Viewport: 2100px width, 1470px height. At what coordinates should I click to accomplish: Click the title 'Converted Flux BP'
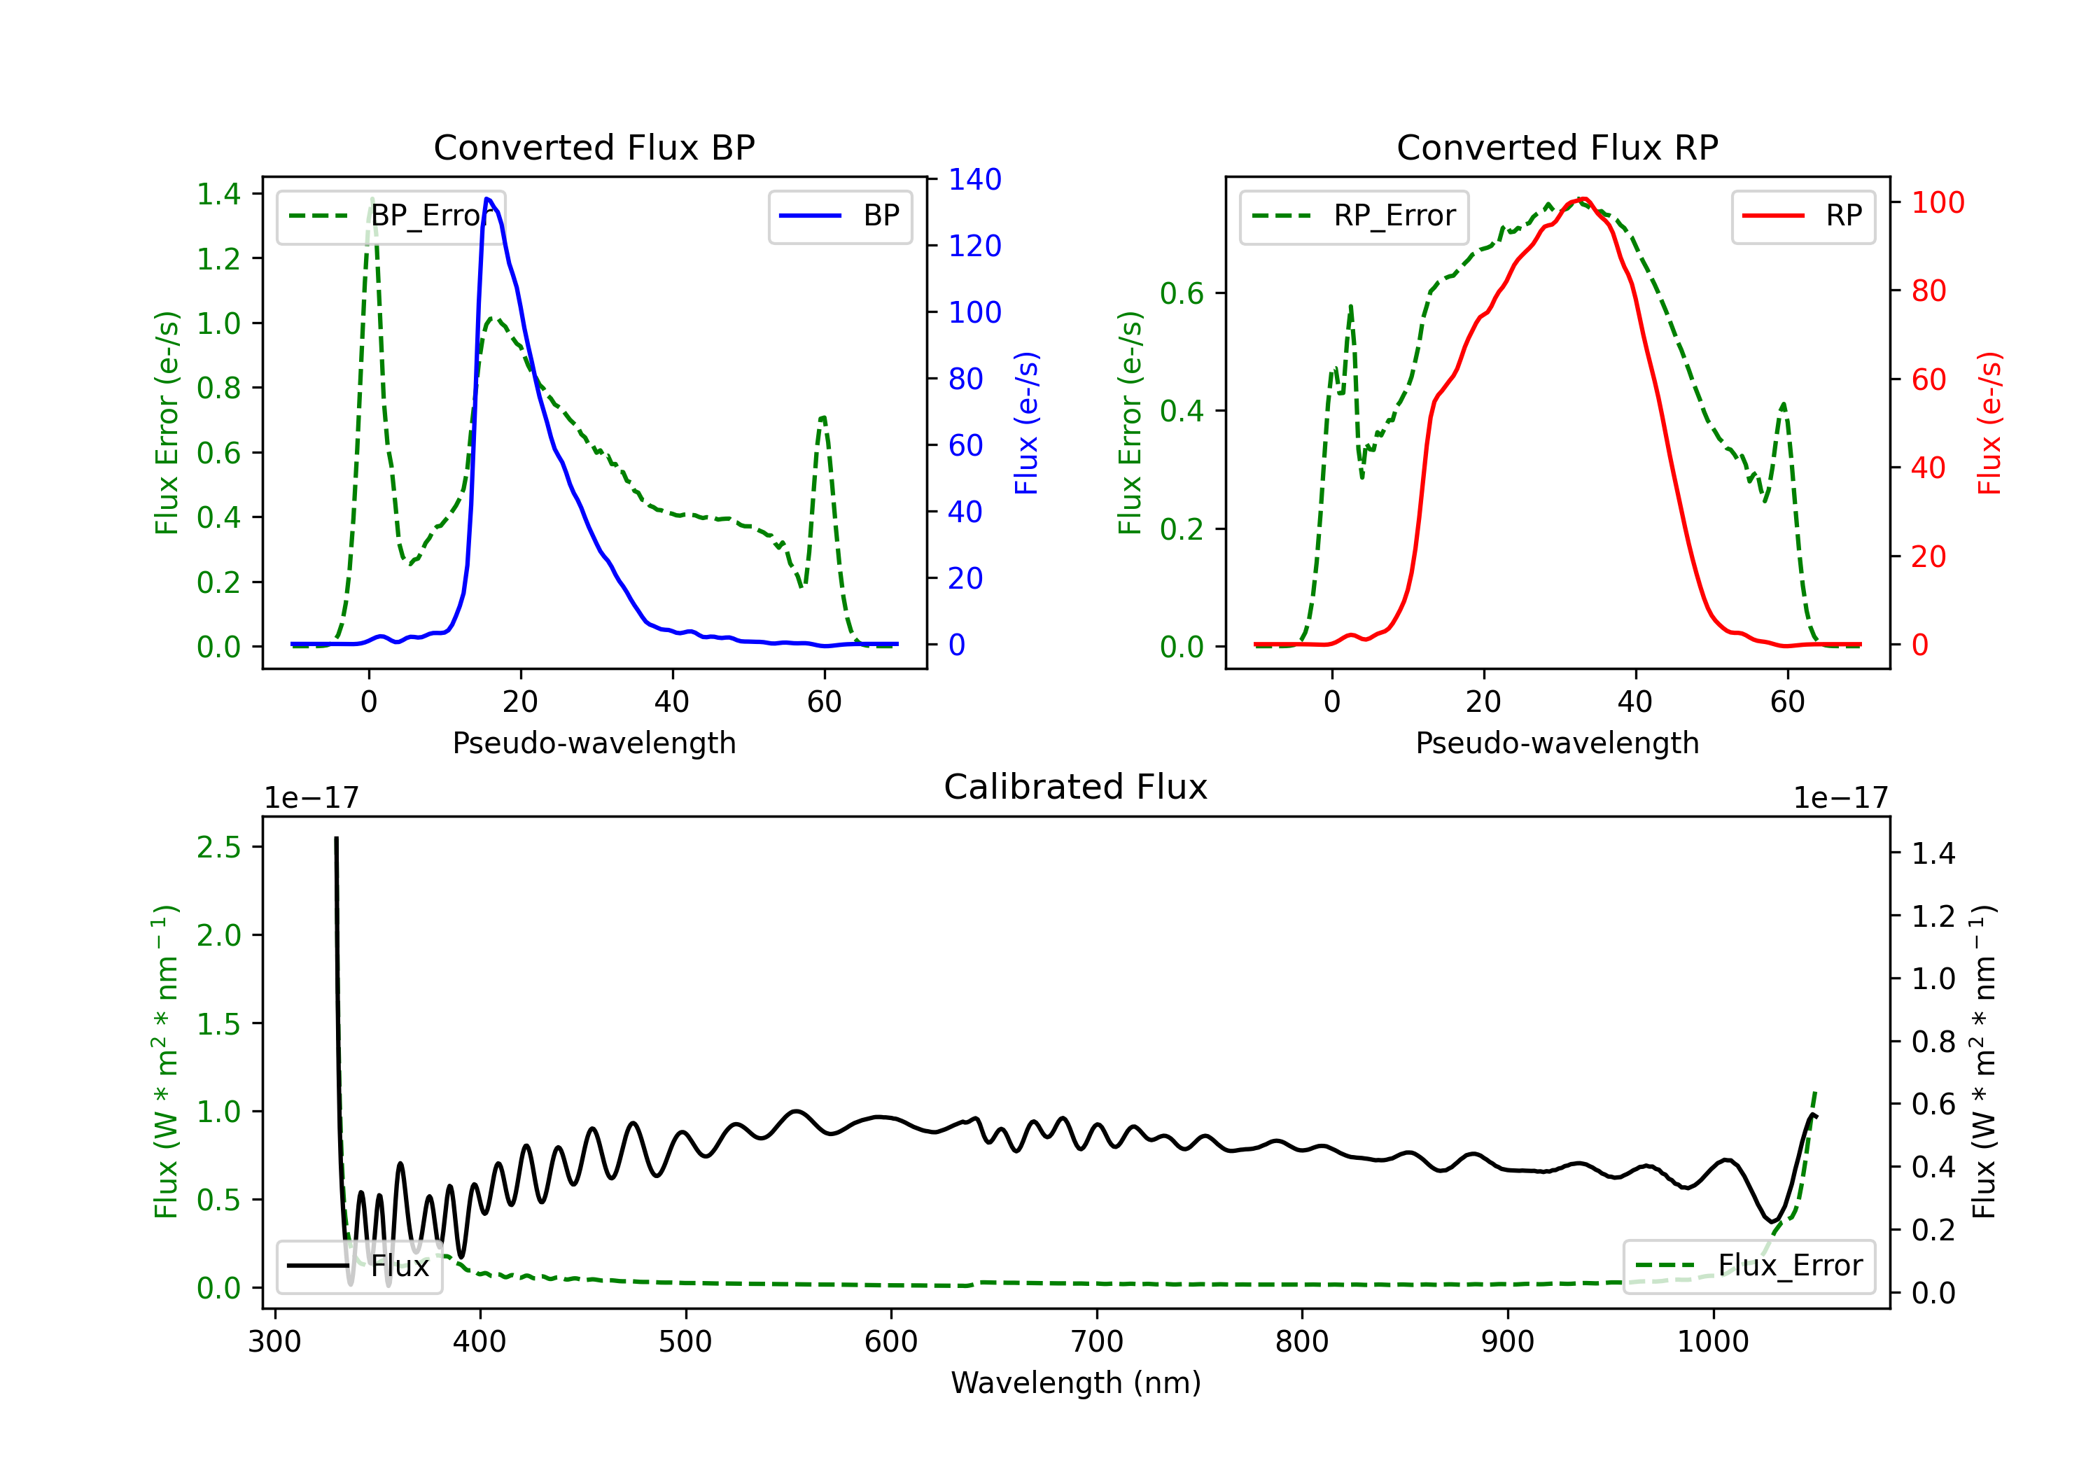click(x=594, y=147)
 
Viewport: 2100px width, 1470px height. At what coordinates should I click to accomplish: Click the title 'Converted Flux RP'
click(x=1557, y=147)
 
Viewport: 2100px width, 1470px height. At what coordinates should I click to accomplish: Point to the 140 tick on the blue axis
click(x=974, y=179)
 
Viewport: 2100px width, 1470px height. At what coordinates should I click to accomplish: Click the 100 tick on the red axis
click(x=1937, y=202)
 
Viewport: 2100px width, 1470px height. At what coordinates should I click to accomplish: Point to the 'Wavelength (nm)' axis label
click(x=1076, y=1382)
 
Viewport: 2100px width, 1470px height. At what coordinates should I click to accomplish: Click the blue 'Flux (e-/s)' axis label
click(x=1026, y=423)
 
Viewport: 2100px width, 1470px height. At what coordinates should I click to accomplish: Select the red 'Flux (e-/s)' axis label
click(x=1989, y=423)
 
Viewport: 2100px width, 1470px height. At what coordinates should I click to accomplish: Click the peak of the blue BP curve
click(x=487, y=199)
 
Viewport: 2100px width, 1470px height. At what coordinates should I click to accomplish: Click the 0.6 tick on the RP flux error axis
click(x=1181, y=293)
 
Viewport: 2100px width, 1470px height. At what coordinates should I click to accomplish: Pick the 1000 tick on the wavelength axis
click(x=1712, y=1341)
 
